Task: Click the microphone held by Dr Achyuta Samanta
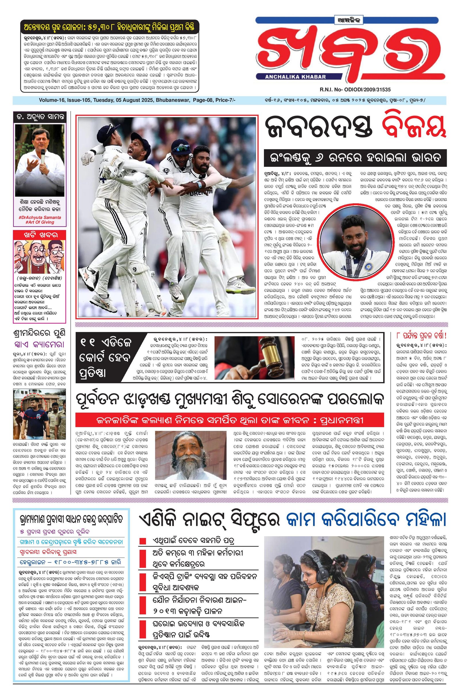pos(43,159)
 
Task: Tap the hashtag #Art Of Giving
pos(40,222)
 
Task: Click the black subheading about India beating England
pos(355,158)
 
